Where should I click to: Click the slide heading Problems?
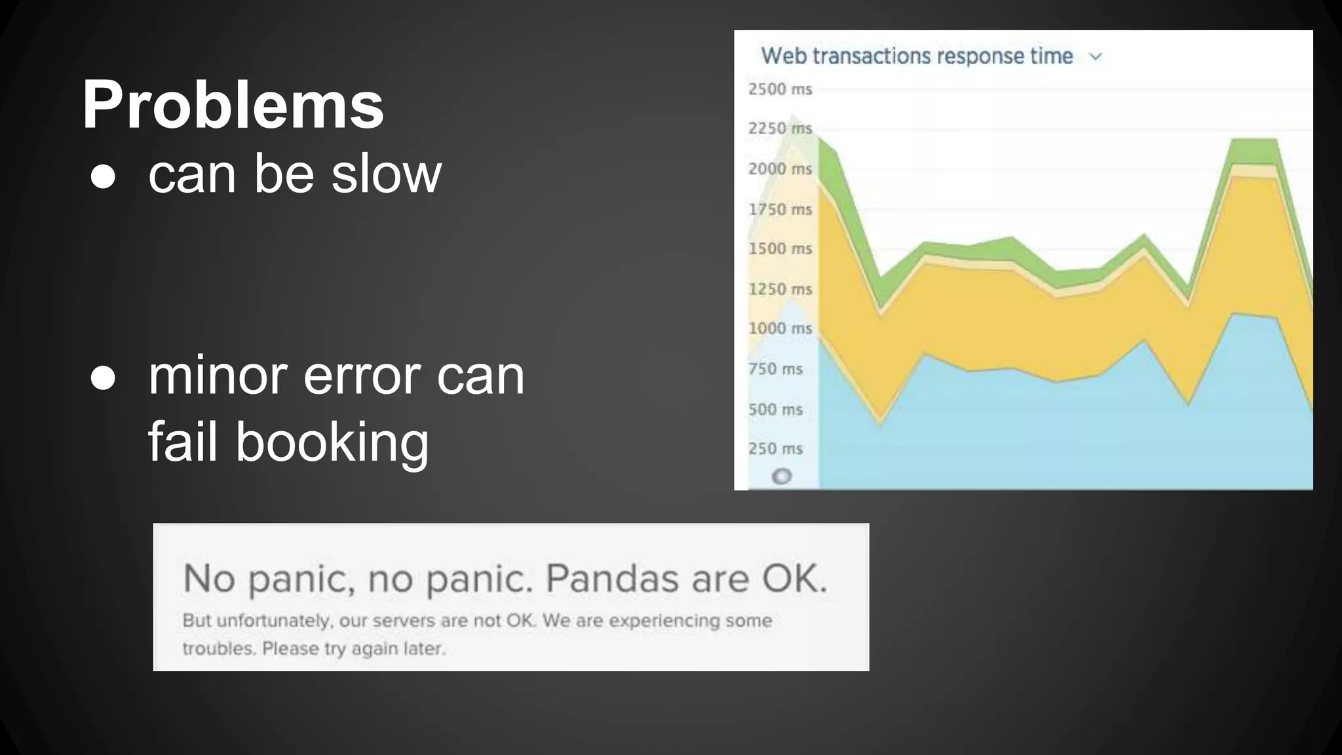pos(233,105)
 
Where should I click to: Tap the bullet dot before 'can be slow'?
pos(103,176)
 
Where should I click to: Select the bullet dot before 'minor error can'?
pos(103,378)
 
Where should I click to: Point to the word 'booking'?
pos(332,442)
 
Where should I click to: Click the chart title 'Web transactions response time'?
pos(916,56)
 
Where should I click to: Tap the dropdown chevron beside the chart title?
pos(1096,57)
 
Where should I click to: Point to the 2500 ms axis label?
pos(780,89)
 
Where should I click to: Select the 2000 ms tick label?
pos(780,169)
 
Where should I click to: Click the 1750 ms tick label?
pos(780,210)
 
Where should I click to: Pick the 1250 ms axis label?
pos(780,289)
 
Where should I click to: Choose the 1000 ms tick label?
pos(780,328)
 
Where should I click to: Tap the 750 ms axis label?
pos(775,369)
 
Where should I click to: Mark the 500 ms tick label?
pos(775,410)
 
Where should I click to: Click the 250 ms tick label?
pos(775,449)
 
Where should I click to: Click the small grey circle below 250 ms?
pos(782,476)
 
